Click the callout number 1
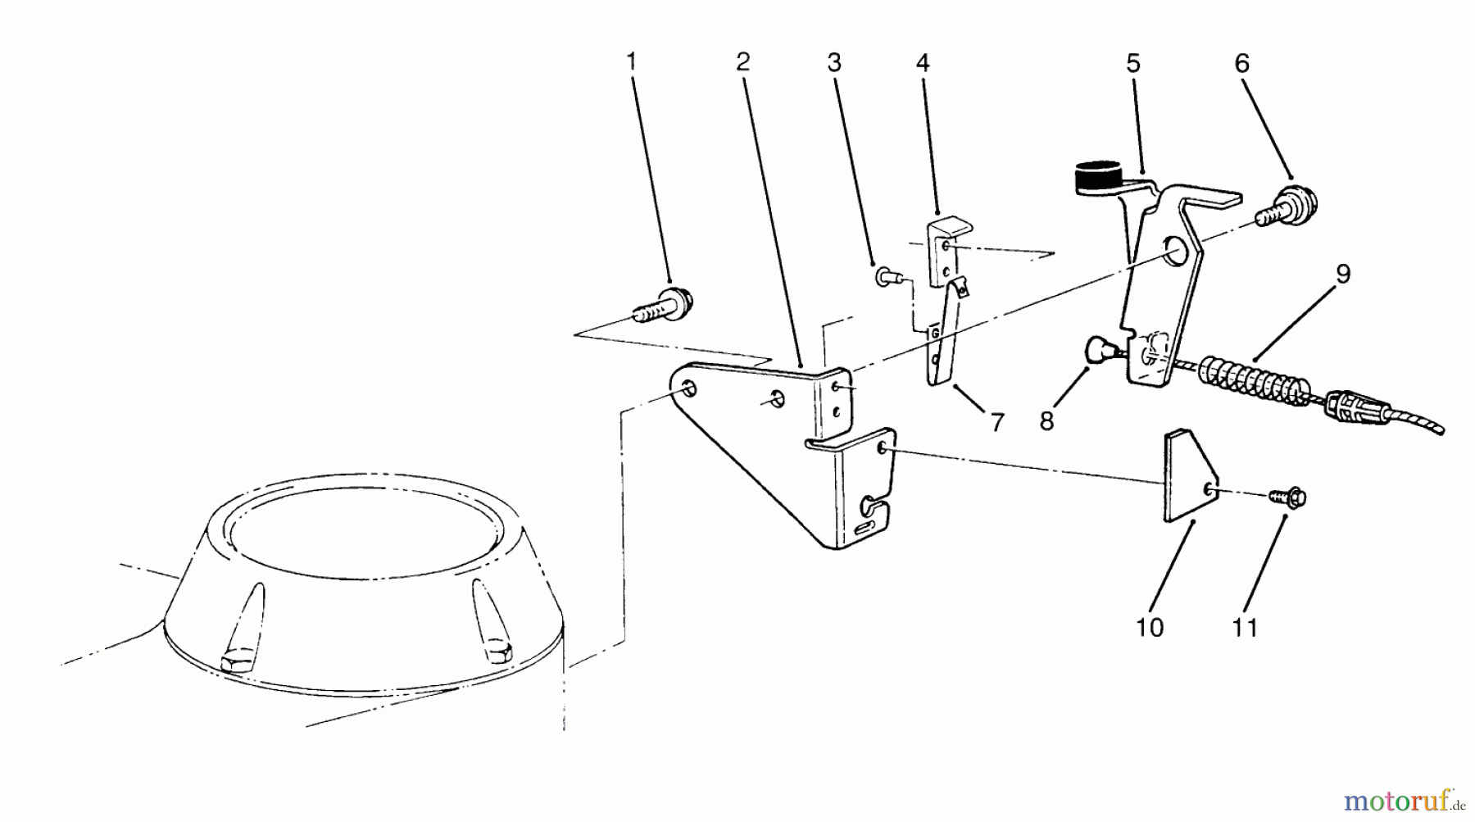click(x=631, y=62)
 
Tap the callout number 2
click(x=742, y=62)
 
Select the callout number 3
click(x=834, y=62)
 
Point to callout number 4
click(x=923, y=62)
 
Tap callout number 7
click(x=996, y=423)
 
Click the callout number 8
click(x=1046, y=421)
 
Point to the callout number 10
click(x=1150, y=628)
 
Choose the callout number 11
click(x=1245, y=628)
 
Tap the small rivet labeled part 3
click(x=885, y=277)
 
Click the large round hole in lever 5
click(x=1178, y=252)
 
